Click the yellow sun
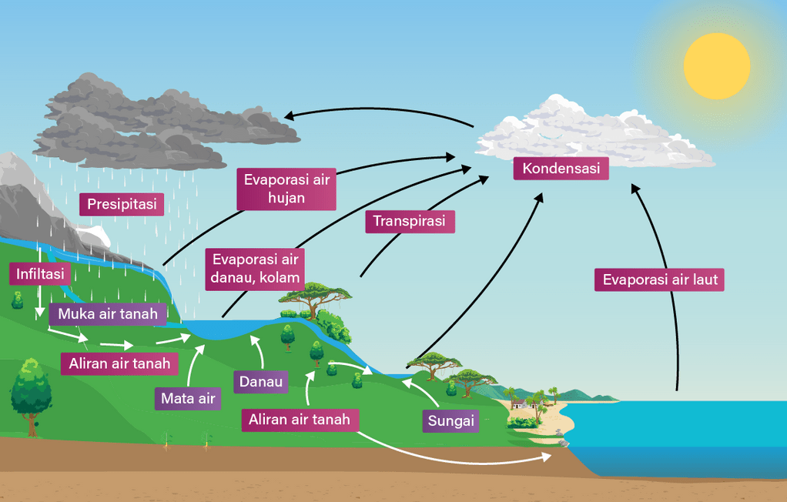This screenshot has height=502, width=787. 716,66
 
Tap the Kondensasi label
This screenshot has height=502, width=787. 561,169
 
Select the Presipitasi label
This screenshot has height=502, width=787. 122,204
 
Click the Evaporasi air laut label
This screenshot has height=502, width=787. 660,279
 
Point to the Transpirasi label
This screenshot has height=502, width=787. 410,221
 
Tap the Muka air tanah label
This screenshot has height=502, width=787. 108,313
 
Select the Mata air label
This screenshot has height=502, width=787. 187,398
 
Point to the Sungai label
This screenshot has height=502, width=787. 450,421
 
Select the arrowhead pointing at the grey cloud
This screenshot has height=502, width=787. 289,116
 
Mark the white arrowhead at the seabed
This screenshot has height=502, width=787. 548,457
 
